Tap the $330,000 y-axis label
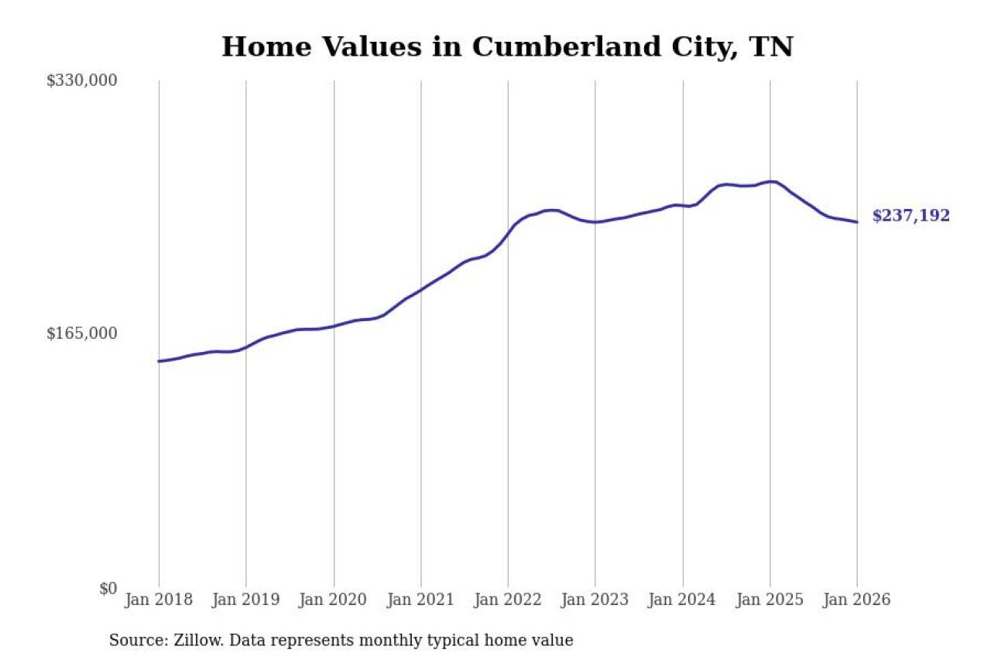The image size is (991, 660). coord(81,80)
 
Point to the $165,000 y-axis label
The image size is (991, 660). coord(81,333)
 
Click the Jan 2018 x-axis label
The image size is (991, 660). coord(159,600)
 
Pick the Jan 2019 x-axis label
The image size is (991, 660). coord(246,600)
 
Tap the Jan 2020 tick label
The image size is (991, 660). coord(334,600)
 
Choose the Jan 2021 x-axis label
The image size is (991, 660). coord(421,600)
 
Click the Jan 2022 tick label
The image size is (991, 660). coord(508,600)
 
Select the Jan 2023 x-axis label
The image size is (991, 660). coord(595,600)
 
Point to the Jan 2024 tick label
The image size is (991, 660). coord(683,600)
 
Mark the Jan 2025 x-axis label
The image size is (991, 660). coord(770,600)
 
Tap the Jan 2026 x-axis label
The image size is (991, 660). coord(857,600)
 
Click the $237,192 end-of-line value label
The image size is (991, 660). coord(910,217)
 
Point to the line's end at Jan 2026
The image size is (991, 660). coord(857,222)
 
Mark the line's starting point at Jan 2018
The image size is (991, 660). coord(159,361)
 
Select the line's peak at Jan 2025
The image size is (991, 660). coord(771,181)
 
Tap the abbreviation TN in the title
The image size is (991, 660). coord(772,47)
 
